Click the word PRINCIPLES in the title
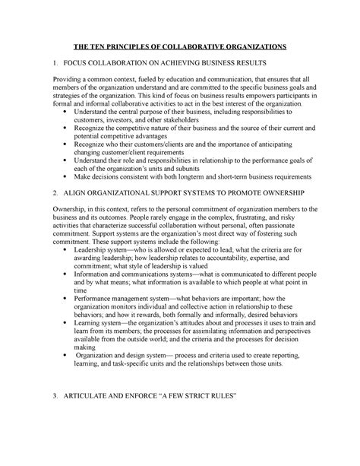(129, 46)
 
